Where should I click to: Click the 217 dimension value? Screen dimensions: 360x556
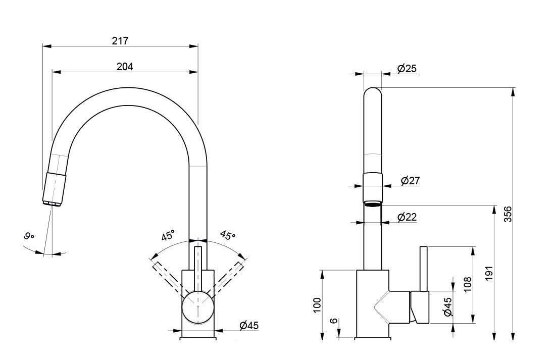click(x=120, y=41)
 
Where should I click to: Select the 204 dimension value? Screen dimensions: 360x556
click(x=124, y=66)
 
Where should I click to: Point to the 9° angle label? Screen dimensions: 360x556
click(x=29, y=236)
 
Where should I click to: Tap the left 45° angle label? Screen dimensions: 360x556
click(x=168, y=235)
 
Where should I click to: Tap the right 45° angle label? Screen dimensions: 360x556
click(x=227, y=236)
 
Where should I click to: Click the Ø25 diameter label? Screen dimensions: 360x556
click(x=407, y=69)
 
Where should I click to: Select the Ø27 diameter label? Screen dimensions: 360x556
click(x=410, y=180)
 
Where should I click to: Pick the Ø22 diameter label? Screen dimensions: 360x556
click(x=407, y=217)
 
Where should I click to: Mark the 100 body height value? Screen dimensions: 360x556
click(x=317, y=305)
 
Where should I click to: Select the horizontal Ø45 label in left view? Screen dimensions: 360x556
click(x=248, y=326)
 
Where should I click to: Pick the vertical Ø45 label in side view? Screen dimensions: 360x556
click(x=447, y=306)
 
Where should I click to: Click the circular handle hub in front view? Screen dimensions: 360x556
click(x=198, y=307)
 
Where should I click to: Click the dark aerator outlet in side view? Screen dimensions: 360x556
click(x=373, y=203)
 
